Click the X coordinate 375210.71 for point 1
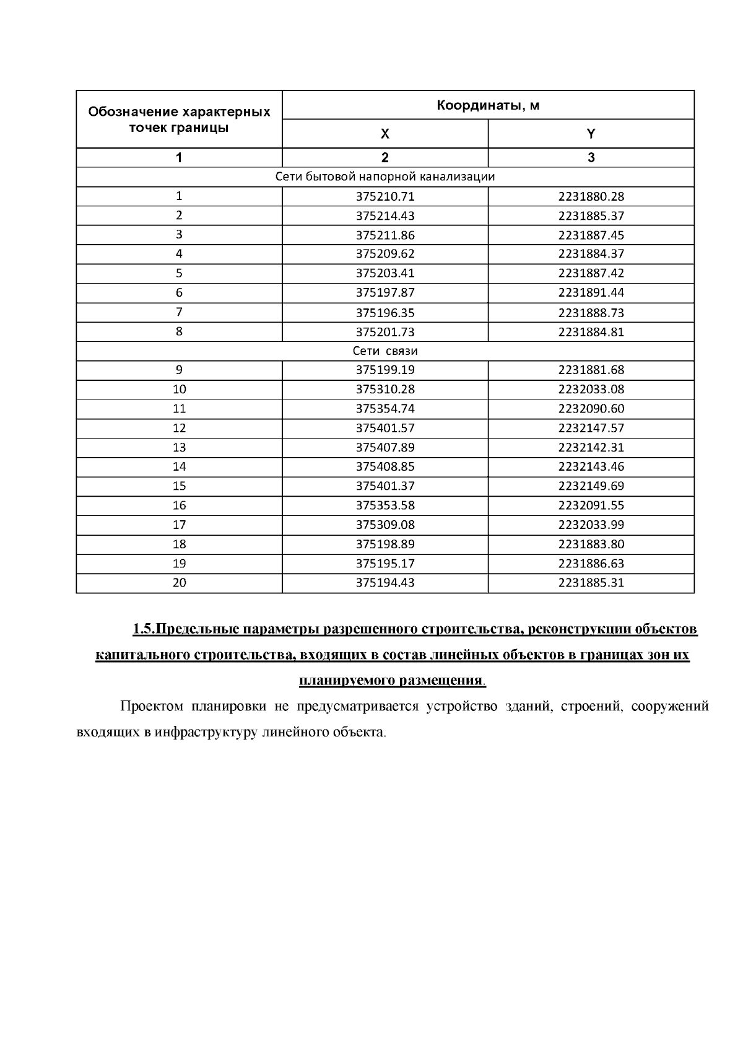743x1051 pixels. tap(385, 197)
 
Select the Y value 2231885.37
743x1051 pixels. tap(591, 216)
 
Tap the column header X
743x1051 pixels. tap(385, 134)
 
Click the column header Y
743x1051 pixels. tap(591, 134)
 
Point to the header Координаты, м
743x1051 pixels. tap(488, 105)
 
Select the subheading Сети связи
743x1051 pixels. tap(385, 351)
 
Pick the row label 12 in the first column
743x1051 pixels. tap(179, 428)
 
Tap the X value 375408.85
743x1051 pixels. tap(385, 466)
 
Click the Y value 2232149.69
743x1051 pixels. tap(591, 486)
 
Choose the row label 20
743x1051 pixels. tap(179, 583)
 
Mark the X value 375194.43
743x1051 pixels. tap(385, 583)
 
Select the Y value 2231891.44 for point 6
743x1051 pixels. tap(591, 293)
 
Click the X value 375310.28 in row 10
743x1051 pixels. tap(385, 390)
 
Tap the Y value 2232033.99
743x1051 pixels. tap(591, 525)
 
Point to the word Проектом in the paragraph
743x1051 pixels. tap(152, 707)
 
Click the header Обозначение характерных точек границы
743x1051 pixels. tap(179, 120)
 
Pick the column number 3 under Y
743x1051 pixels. tap(591, 157)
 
